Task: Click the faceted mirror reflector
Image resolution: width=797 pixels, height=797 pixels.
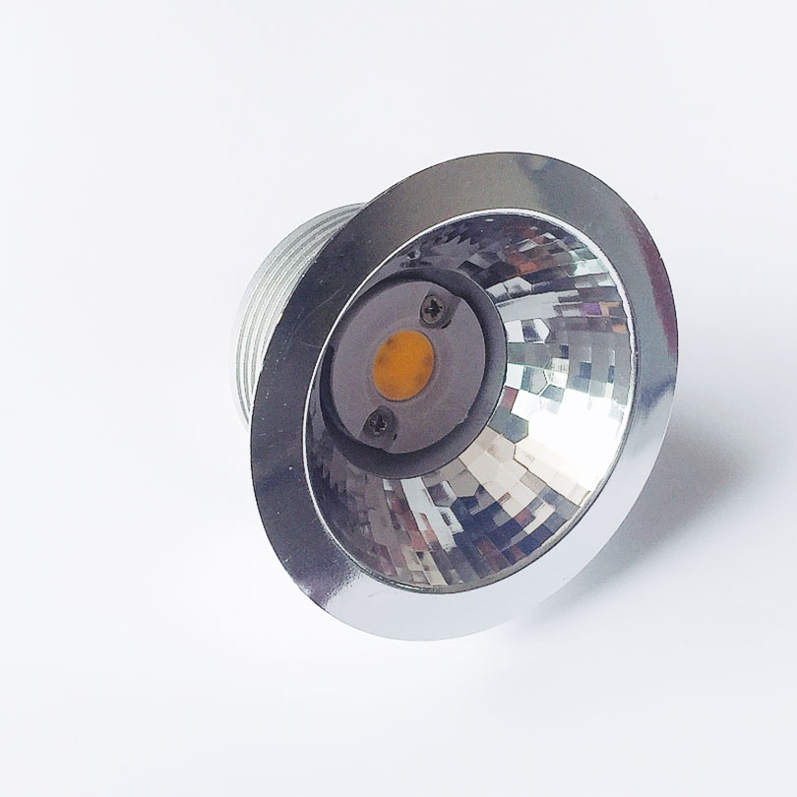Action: click(x=561, y=413)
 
